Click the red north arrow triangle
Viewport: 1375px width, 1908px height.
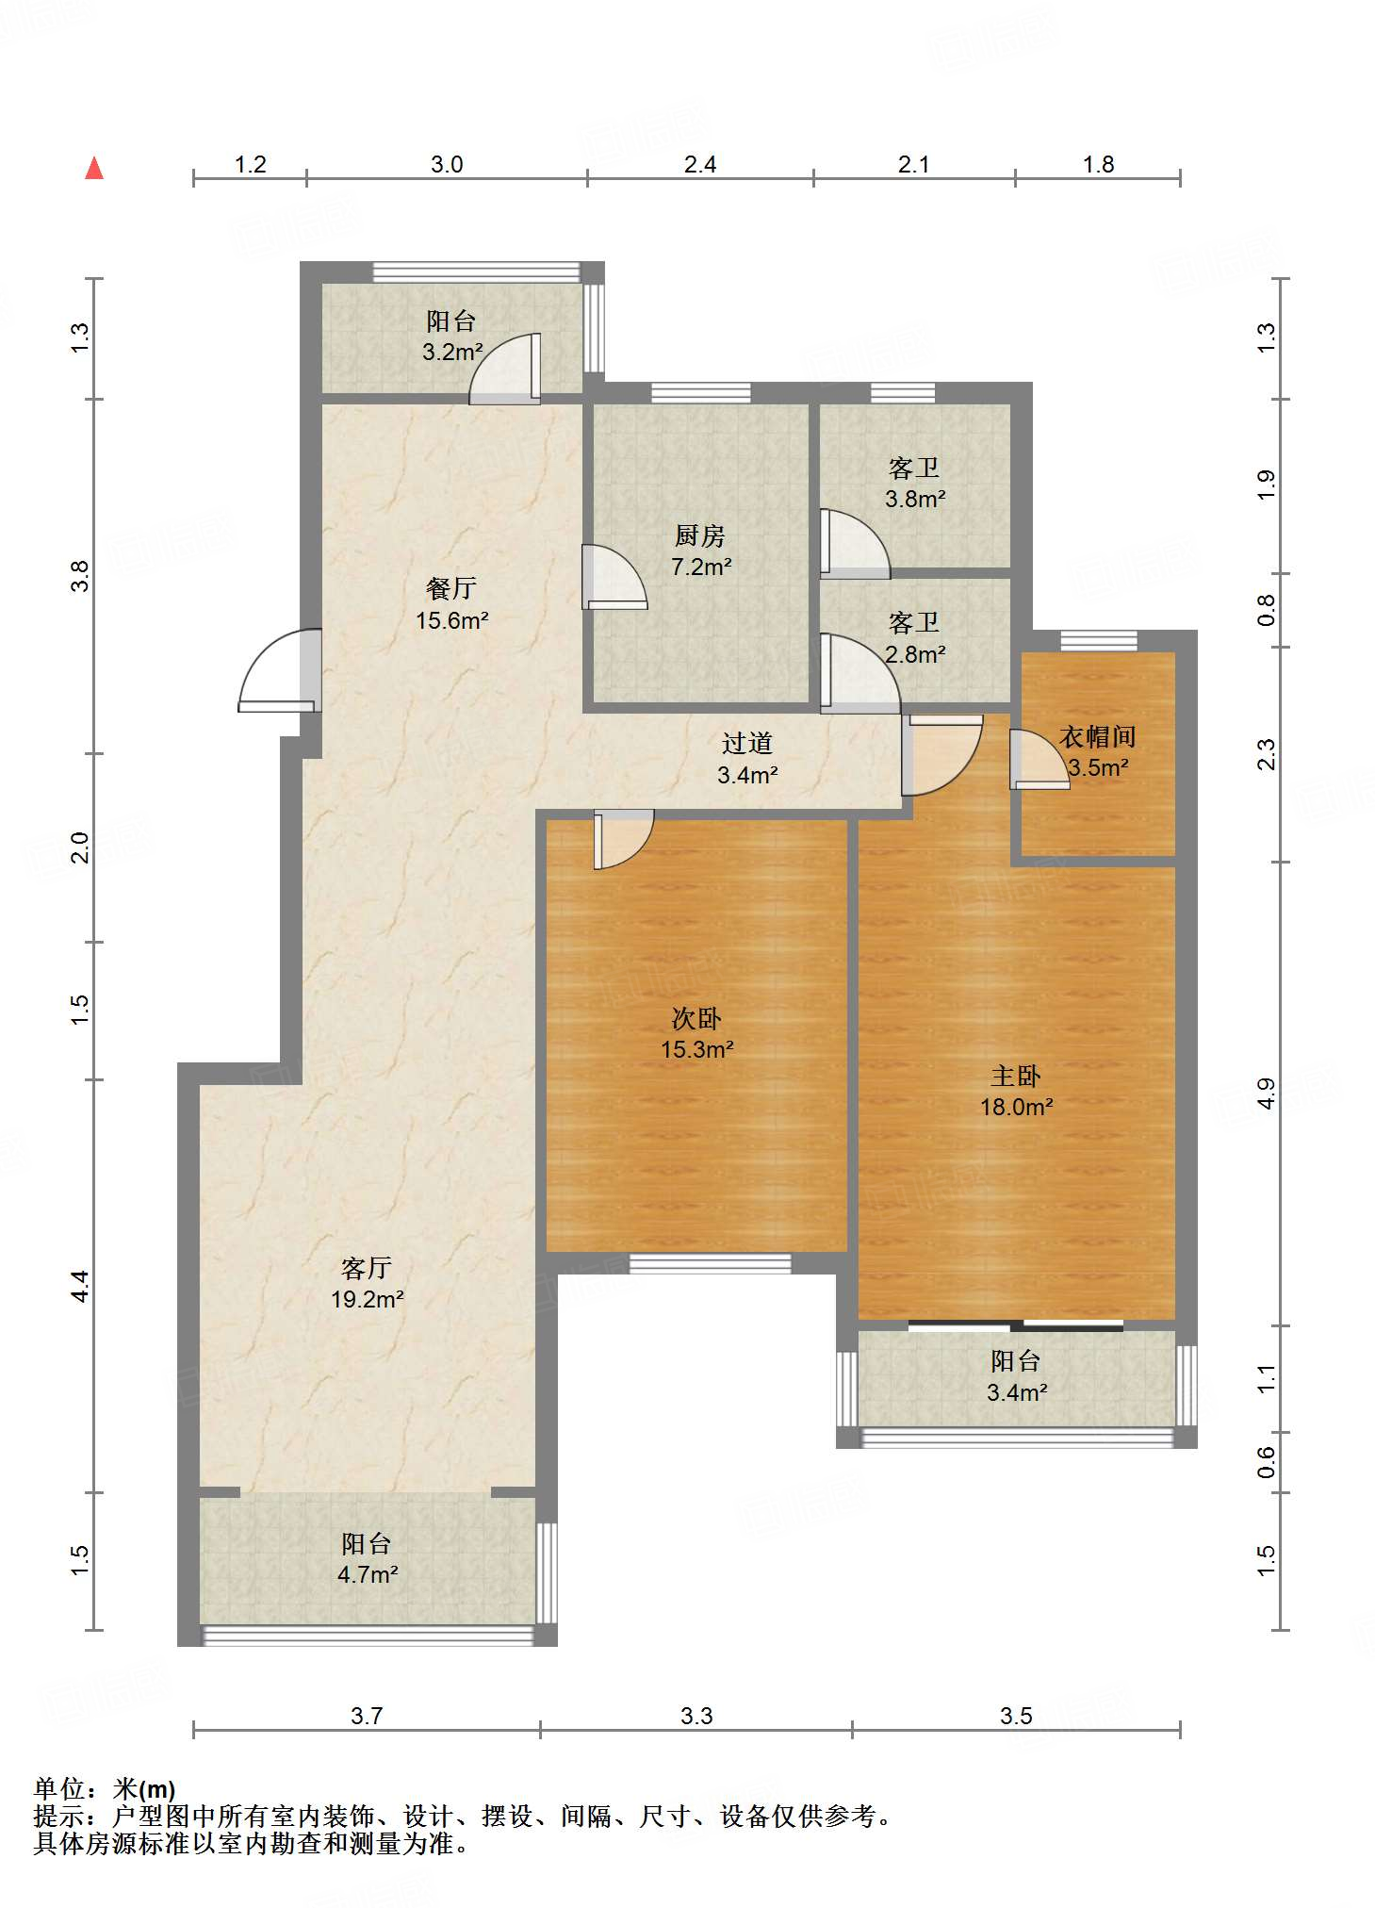pos(94,168)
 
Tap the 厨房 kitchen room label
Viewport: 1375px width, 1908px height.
pos(700,535)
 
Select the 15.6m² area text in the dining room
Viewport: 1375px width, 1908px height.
pos(452,620)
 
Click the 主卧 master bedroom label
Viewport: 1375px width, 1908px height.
pos(1016,1076)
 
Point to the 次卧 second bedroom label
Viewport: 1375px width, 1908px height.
pos(696,1018)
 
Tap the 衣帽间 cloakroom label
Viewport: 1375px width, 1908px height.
pos(1098,736)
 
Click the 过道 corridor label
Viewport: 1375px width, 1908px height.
pos(747,743)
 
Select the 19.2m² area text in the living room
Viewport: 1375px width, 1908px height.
pos(368,1299)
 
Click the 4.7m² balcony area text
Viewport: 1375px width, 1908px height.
pos(368,1574)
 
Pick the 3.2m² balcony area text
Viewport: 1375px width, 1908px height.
pos(452,352)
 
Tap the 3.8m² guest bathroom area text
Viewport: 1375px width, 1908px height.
pos(915,499)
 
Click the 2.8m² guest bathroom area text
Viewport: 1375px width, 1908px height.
pos(915,653)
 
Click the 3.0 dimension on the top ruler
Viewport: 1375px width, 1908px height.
pos(447,164)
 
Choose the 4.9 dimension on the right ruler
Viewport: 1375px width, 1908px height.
pos(1266,1094)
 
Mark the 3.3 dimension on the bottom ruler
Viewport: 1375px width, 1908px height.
pos(696,1716)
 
